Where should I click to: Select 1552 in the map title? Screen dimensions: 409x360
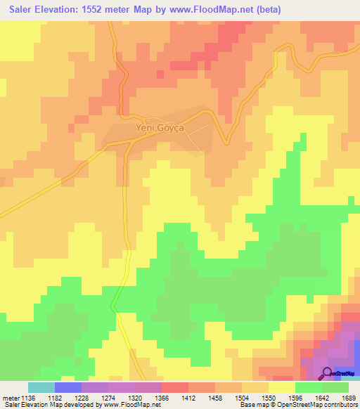point(120,10)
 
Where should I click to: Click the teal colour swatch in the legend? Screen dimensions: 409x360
point(41,387)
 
